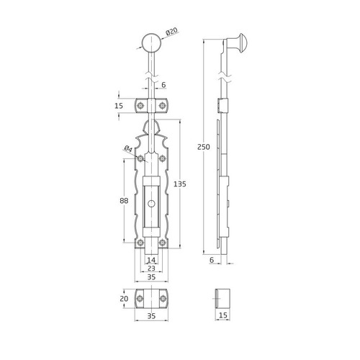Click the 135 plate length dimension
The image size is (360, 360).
click(x=185, y=184)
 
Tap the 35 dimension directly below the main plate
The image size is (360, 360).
click(x=150, y=276)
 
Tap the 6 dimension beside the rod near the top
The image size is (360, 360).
click(x=163, y=85)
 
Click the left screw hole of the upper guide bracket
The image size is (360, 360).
click(x=140, y=106)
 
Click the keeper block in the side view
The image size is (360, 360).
click(x=223, y=298)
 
